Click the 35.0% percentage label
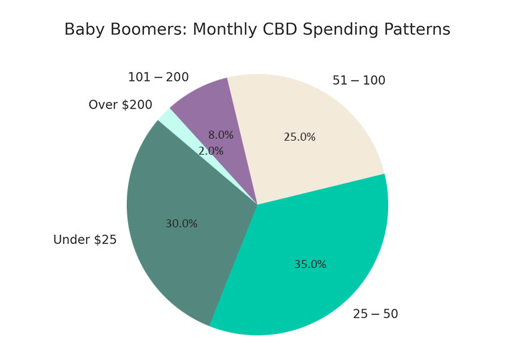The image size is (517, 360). pyautogui.click(x=310, y=265)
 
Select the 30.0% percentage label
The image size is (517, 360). pyautogui.click(x=181, y=224)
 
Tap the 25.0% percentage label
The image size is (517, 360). pyautogui.click(x=300, y=137)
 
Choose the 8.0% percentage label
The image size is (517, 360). pyautogui.click(x=221, y=135)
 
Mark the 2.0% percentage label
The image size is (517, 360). pyautogui.click(x=211, y=151)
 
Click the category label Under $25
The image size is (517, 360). pyautogui.click(x=85, y=240)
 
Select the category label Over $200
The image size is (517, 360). pyautogui.click(x=120, y=105)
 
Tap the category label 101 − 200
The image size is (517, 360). pyautogui.click(x=158, y=78)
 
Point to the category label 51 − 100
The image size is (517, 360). pyautogui.click(x=359, y=81)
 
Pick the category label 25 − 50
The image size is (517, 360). pyautogui.click(x=376, y=314)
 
